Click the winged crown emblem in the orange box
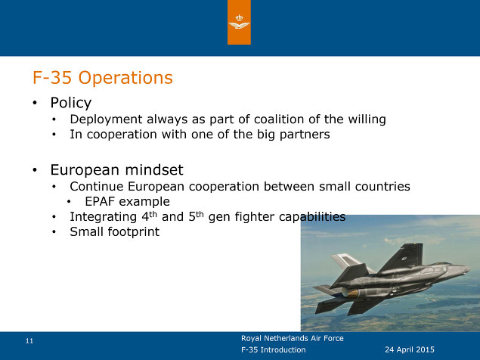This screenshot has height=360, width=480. tap(239, 22)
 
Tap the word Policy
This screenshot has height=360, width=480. tap(71, 103)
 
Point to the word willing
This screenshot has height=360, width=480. tap(367, 119)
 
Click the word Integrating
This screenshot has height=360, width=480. tap(103, 217)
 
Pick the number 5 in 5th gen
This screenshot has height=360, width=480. tap(192, 217)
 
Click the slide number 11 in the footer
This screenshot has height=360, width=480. tap(29, 341)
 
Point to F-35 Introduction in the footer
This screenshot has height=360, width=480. tap(273, 349)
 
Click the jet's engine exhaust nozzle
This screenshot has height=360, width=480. tap(351, 293)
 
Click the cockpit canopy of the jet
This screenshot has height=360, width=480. tap(432, 269)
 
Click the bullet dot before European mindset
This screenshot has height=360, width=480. tap(35, 169)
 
